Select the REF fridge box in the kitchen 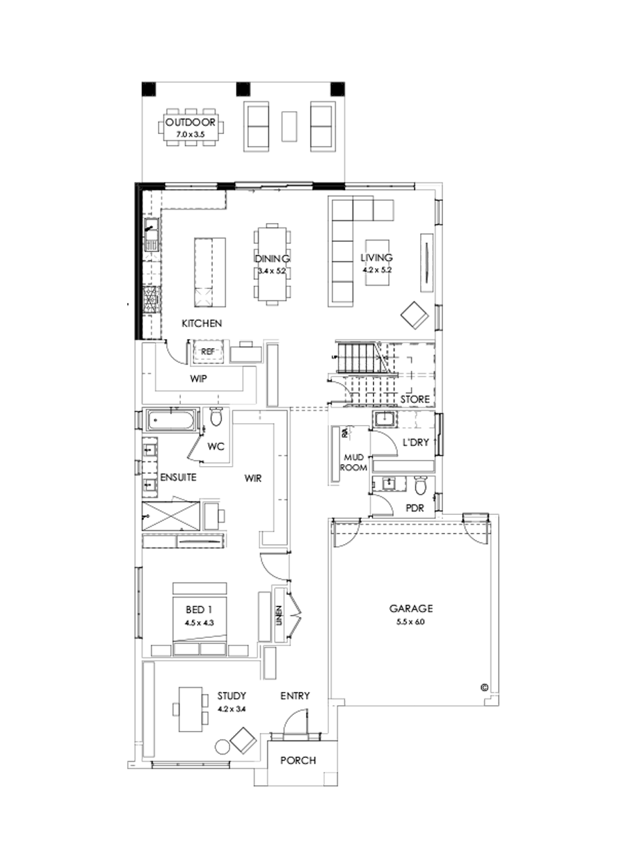click(207, 352)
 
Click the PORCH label click(298, 760)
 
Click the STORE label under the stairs click(415, 399)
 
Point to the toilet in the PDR click(420, 484)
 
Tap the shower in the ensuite click(170, 513)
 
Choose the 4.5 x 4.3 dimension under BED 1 click(198, 623)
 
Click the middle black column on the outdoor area click(243, 88)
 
